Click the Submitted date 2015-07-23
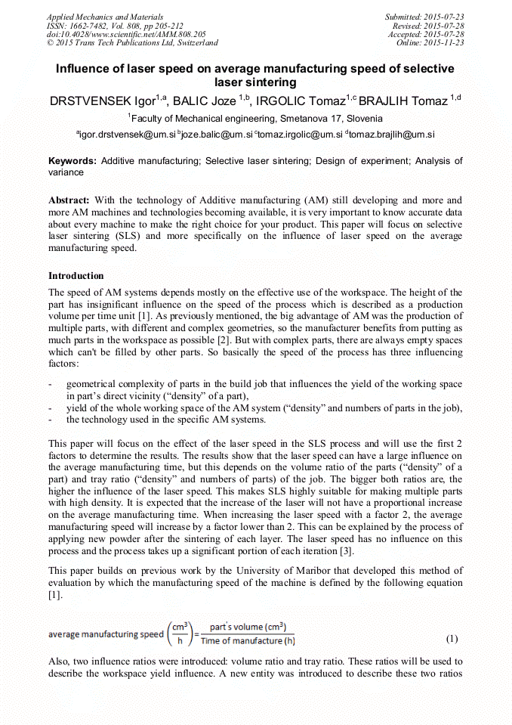425,17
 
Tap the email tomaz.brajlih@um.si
390,134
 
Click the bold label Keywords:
72,161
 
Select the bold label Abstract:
69,200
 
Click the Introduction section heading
76,276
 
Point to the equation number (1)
452,638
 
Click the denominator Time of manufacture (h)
247,642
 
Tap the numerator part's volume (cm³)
247,627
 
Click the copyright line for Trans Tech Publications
132,43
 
